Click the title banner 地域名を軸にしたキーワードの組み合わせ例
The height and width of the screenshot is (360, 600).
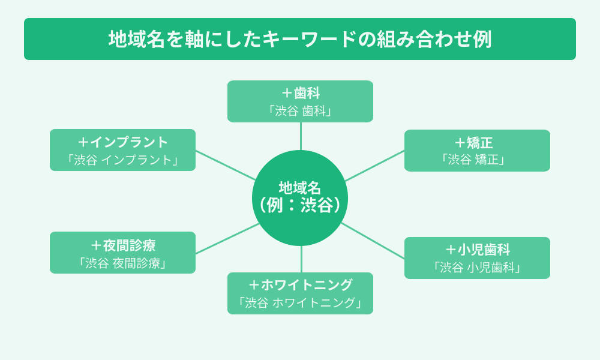[300, 39]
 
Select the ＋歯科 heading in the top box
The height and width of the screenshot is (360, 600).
[300, 93]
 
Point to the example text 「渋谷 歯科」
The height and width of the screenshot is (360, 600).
[300, 111]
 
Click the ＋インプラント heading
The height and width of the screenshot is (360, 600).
[122, 142]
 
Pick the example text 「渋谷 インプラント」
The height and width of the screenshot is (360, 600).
[122, 160]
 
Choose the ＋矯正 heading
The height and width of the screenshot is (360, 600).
[477, 143]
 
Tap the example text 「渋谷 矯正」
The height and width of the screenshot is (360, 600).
[477, 160]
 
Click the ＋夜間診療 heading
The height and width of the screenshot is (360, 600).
[122, 245]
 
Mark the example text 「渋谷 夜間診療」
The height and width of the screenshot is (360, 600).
[122, 263]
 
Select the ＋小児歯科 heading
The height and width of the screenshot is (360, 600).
[477, 250]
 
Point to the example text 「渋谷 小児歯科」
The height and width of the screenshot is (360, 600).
[477, 268]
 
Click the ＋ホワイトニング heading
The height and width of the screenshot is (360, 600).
[300, 285]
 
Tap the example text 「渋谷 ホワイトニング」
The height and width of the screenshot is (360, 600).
[300, 303]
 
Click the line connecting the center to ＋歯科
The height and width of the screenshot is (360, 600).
[301, 136]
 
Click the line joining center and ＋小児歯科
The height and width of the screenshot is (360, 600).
[373, 241]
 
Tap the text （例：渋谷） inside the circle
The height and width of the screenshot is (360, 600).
[300, 205]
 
